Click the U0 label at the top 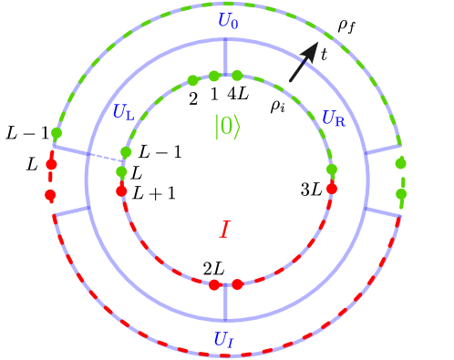[x=227, y=21]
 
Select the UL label [x=122, y=112]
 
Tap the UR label [x=333, y=118]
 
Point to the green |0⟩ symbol [x=227, y=127]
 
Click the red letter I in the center [x=224, y=229]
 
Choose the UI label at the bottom [x=223, y=340]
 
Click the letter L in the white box [x=32, y=164]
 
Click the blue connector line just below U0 [x=225, y=58]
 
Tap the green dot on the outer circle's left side [x=57, y=133]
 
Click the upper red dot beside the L [x=52, y=165]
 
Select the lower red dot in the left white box [x=50, y=195]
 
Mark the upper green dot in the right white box [x=400, y=163]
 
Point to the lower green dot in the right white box [x=401, y=193]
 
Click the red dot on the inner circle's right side [x=332, y=189]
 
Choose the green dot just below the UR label [x=332, y=169]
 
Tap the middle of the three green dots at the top [x=214, y=76]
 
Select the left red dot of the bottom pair [x=214, y=284]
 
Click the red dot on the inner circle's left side [x=121, y=190]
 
